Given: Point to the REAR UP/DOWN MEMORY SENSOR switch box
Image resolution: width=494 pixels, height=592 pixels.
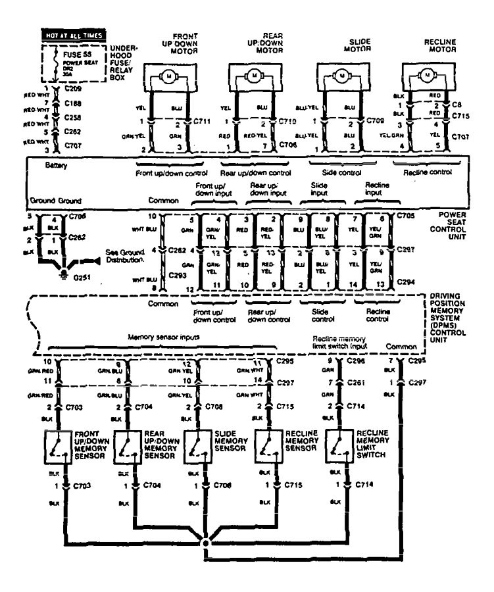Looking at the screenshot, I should point(128,447).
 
